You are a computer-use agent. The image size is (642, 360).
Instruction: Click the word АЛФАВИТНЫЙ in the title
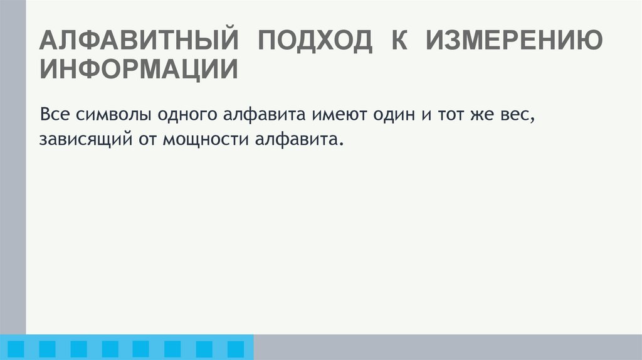click(139, 41)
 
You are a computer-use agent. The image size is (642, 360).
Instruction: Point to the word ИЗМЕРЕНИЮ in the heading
click(515, 41)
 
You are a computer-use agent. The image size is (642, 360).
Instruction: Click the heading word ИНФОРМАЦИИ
click(139, 69)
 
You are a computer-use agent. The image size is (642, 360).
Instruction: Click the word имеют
click(334, 115)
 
